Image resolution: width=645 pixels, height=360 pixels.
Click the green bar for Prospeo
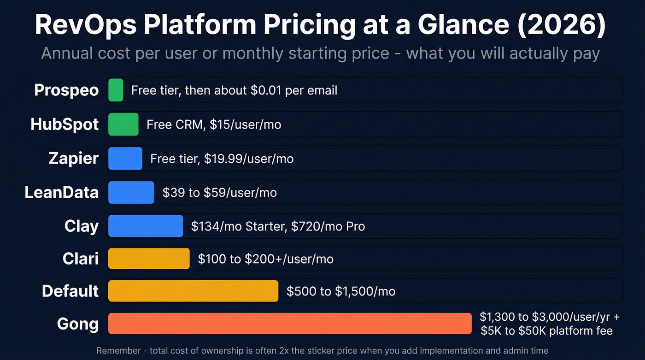[116, 90]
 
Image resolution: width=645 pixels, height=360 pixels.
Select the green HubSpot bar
[123, 124]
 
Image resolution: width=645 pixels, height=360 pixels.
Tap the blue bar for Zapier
[125, 159]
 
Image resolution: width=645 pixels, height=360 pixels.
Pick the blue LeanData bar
[131, 192]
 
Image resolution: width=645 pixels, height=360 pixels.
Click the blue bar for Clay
[146, 226]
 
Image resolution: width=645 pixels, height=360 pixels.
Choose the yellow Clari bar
[149, 259]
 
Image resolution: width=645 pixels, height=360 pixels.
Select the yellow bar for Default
[193, 291]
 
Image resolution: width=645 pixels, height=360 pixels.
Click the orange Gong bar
[290, 324]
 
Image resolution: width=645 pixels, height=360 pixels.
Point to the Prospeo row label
[66, 90]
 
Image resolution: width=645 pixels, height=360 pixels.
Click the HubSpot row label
[64, 124]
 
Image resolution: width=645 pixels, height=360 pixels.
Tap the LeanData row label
[61, 192]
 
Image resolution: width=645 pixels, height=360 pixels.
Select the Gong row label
[78, 324]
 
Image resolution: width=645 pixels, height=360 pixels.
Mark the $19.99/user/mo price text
[249, 159]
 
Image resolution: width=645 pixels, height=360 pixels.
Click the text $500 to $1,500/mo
[340, 291]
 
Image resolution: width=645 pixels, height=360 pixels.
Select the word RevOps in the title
[85, 26]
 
